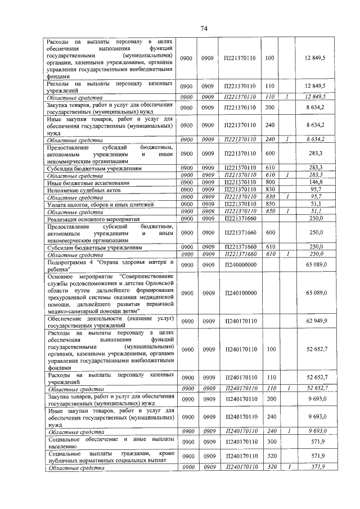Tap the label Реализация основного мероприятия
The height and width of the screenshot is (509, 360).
point(93,218)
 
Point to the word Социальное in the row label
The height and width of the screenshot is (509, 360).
point(67,438)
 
